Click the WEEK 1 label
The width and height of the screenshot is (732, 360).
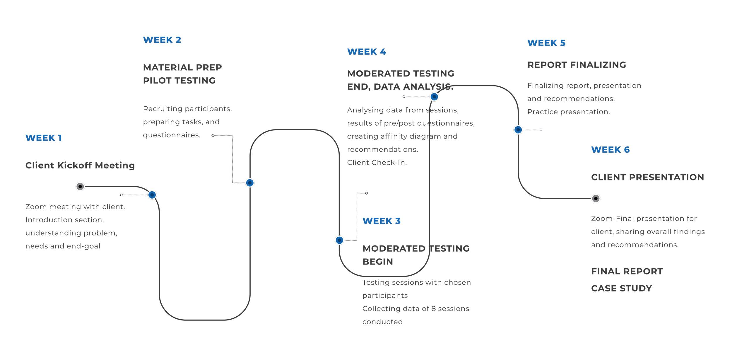coord(44,138)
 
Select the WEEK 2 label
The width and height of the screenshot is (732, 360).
coord(162,40)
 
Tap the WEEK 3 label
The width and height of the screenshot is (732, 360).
coord(381,221)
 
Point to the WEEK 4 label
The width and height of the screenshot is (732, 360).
coord(367,52)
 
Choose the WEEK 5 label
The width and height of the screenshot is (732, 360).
coord(546,43)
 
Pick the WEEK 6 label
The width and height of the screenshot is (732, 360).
coord(610,150)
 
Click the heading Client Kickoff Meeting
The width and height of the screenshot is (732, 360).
coord(80,166)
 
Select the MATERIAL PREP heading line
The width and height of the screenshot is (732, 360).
coord(182,68)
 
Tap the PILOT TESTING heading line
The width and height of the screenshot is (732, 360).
coord(179,81)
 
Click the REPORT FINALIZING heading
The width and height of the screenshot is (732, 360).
coord(577,65)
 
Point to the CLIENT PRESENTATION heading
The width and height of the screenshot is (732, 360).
coord(647,178)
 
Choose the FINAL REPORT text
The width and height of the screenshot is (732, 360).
coord(627,272)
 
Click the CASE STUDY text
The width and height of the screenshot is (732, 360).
coord(621,289)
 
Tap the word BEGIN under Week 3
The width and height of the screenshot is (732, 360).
coord(378,262)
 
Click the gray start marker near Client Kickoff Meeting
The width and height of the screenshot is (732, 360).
coord(80,187)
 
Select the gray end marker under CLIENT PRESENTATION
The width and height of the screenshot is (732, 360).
coord(596,199)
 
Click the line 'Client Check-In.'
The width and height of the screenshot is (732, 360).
coord(377,163)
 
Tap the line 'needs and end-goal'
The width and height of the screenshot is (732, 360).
coord(63,246)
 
